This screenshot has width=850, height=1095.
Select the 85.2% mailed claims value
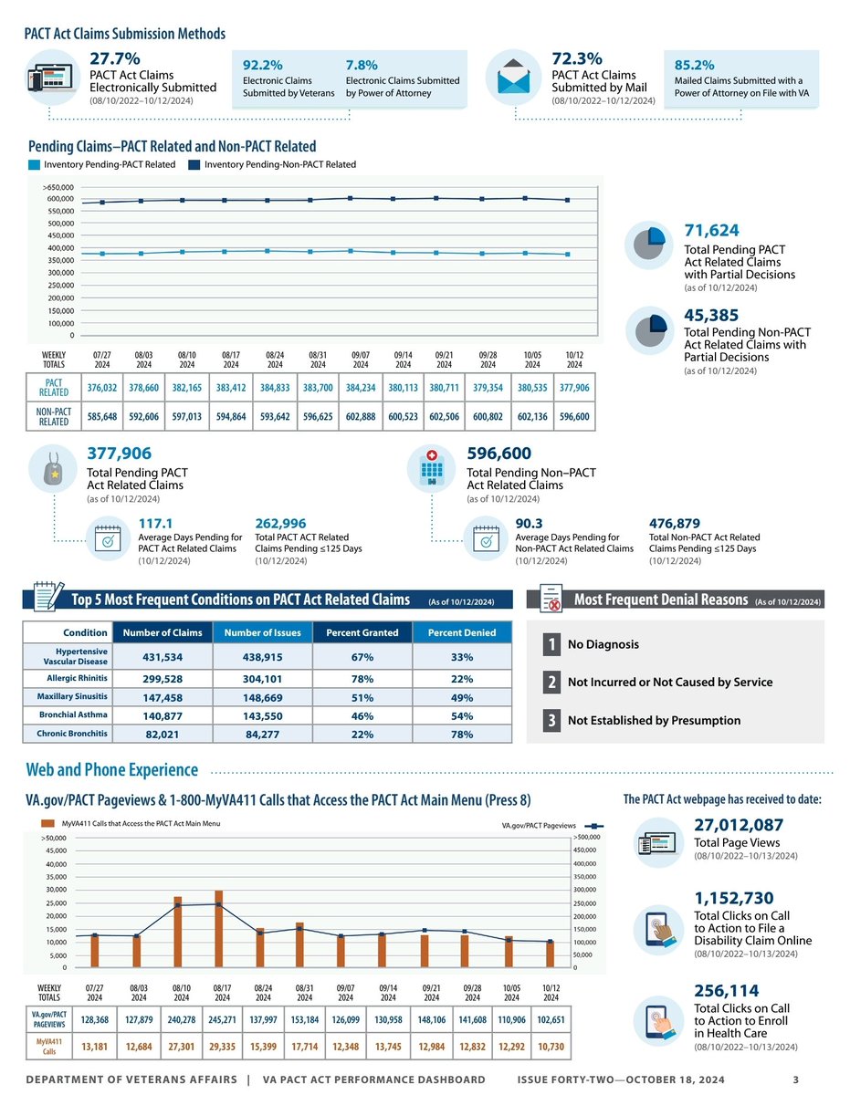click(695, 66)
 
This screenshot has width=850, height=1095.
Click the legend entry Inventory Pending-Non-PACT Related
click(279, 164)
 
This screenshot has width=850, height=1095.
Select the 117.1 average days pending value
click(156, 523)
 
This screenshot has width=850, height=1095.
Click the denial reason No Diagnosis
click(603, 644)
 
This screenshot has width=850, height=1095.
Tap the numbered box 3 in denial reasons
click(551, 720)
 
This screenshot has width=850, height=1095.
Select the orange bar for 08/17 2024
click(219, 928)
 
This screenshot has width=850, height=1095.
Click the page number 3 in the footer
click(796, 1081)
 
